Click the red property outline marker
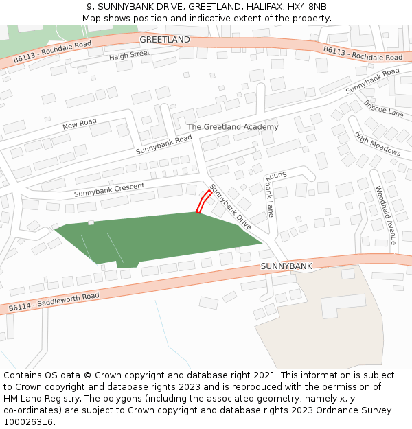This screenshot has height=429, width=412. point(204,202)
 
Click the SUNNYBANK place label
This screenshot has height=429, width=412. point(286,266)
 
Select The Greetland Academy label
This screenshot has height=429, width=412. point(233,127)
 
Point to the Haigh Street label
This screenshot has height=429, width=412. point(129,55)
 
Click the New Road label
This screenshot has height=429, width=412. point(80,124)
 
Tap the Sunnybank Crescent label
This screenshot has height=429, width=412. point(109,189)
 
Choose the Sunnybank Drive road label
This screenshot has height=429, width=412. point(231,207)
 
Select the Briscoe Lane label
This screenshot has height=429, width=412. point(384,108)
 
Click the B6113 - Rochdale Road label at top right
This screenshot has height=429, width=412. point(363,54)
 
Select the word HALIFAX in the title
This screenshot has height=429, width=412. point(260,7)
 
